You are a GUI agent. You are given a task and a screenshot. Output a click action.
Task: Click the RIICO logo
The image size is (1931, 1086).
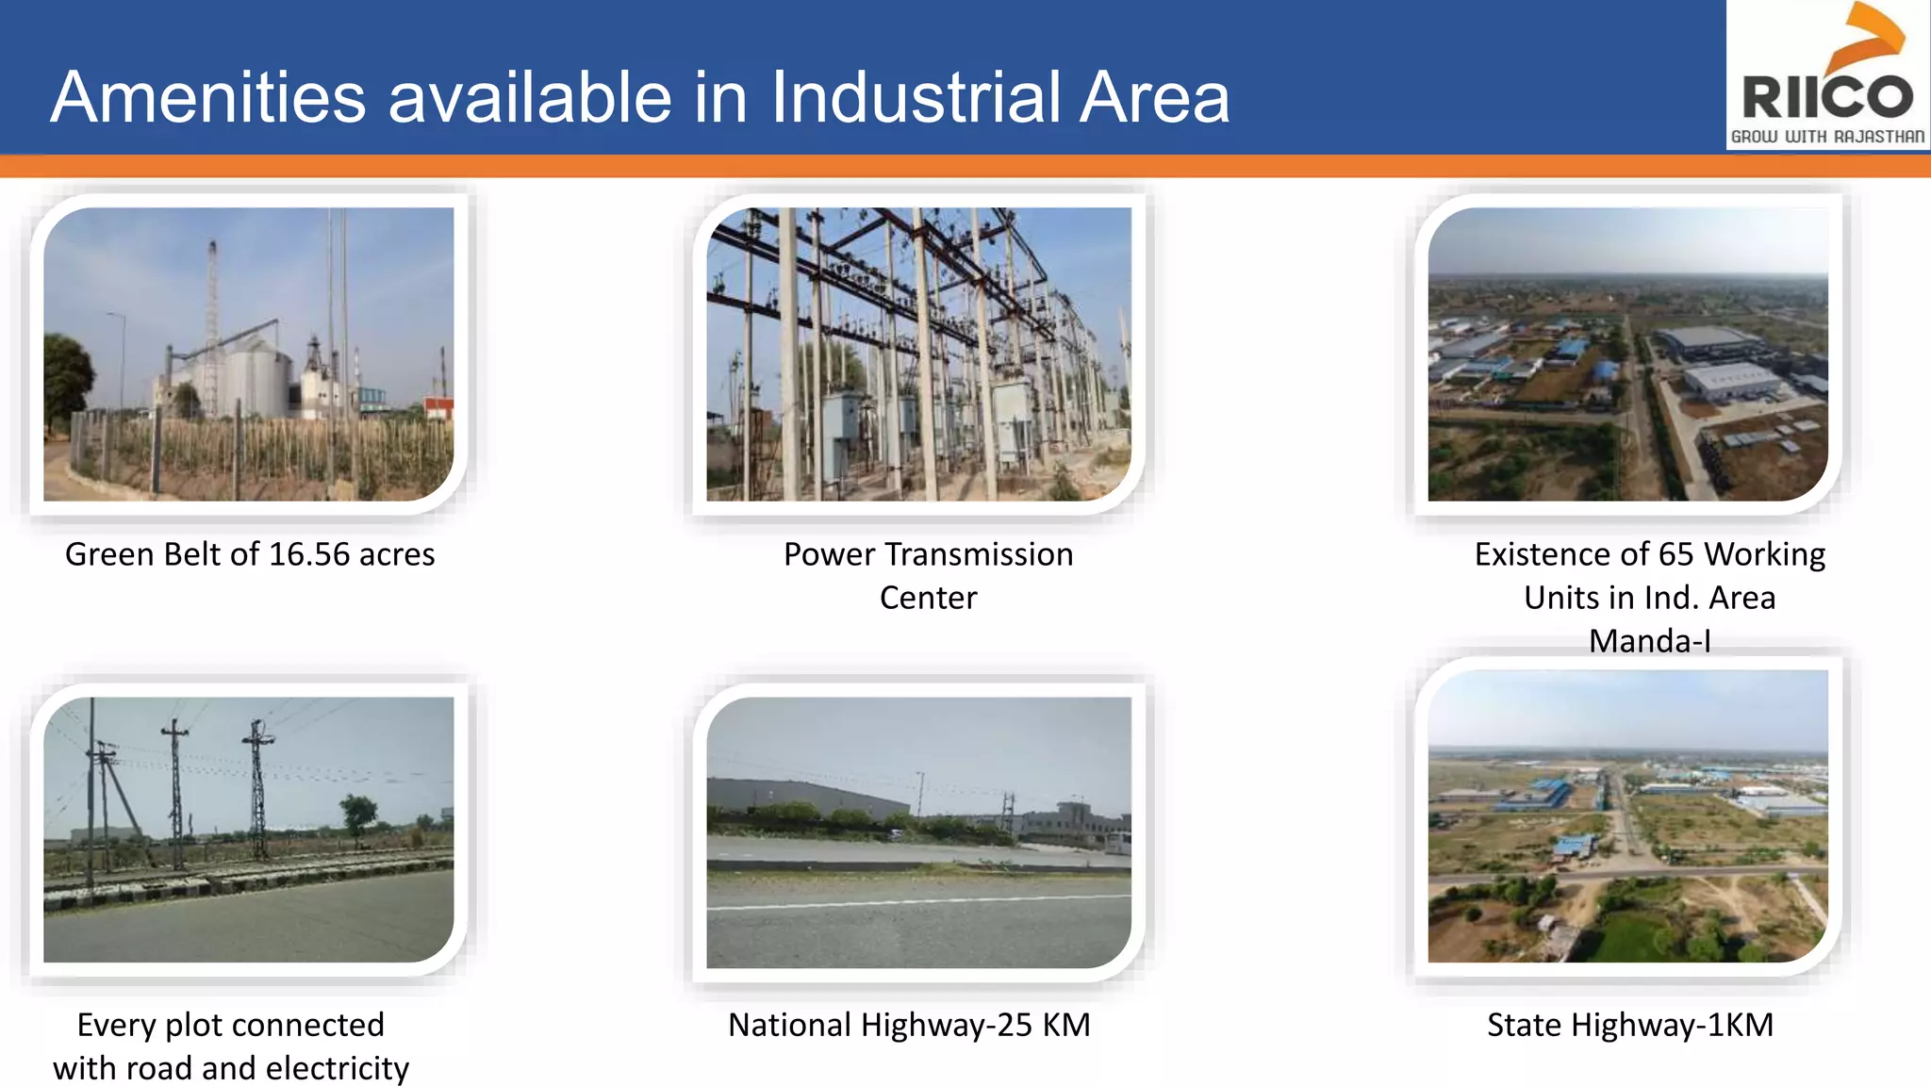[x=1826, y=75]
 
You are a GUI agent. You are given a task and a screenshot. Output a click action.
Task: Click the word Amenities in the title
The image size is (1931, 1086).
[x=208, y=97]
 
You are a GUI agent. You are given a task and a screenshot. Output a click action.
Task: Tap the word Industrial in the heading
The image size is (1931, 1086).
[x=917, y=97]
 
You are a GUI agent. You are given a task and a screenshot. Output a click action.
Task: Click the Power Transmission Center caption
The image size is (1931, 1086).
[x=928, y=575]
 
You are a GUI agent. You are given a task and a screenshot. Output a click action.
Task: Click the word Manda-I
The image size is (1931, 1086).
[x=1649, y=641]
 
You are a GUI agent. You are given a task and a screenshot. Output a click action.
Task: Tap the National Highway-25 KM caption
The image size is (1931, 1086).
[x=909, y=1025]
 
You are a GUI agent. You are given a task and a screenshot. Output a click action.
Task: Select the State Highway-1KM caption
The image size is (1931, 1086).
[x=1630, y=1025]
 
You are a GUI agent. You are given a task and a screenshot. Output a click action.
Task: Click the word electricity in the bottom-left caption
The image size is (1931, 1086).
[x=338, y=1068]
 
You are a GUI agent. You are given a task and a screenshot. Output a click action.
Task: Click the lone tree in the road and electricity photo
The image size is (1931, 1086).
[x=358, y=814]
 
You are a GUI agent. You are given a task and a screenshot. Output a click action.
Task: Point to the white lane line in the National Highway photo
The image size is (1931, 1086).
[x=919, y=903]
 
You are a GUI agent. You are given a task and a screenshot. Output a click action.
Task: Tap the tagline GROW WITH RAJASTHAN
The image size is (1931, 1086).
[x=1827, y=137]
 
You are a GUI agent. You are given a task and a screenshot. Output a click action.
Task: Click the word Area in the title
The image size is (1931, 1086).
[x=1154, y=97]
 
